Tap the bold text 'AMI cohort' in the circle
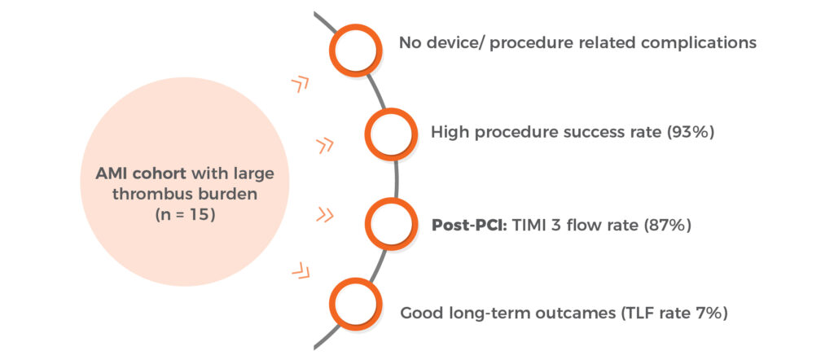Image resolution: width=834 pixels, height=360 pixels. (142, 173)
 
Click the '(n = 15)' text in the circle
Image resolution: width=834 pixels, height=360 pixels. (185, 216)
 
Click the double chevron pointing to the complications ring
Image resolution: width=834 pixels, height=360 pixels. (300, 84)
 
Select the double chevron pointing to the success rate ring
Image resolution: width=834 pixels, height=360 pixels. (324, 145)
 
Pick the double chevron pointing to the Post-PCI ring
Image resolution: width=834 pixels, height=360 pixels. (324, 215)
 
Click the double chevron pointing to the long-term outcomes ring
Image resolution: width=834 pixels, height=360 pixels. (301, 270)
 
